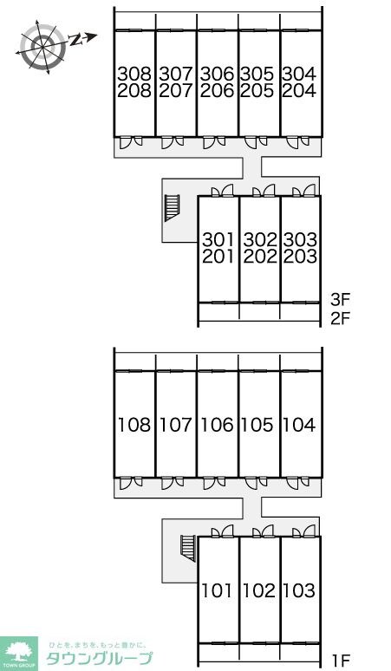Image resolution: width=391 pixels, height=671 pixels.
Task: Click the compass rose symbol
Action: (43, 44)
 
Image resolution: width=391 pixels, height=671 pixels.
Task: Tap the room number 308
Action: (134, 74)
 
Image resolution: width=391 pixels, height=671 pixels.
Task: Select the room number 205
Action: (257, 91)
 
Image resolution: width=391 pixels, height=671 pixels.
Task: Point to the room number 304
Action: (299, 74)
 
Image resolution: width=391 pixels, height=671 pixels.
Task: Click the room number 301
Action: (218, 239)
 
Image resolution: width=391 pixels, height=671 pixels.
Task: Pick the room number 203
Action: (300, 257)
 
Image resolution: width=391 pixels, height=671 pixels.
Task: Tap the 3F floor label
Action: (341, 300)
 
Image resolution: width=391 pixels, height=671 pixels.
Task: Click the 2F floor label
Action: (341, 318)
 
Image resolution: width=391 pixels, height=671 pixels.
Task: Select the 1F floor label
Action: (342, 661)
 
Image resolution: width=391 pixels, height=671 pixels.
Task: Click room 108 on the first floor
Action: (134, 425)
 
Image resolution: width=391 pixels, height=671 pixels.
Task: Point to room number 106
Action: (218, 425)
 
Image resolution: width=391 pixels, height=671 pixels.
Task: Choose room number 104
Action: (299, 425)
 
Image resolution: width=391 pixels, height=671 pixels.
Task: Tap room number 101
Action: (217, 590)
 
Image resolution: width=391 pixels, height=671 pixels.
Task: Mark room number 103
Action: (299, 590)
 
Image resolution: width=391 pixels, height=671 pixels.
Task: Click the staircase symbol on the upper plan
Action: (172, 208)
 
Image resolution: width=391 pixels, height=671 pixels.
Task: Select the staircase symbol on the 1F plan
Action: (188, 548)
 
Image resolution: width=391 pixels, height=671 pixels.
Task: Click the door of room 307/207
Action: (173, 142)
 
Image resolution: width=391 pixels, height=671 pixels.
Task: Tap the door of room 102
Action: (264, 531)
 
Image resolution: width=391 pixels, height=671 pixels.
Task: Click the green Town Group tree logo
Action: (19, 654)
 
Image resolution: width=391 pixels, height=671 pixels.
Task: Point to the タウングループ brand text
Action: (99, 659)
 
